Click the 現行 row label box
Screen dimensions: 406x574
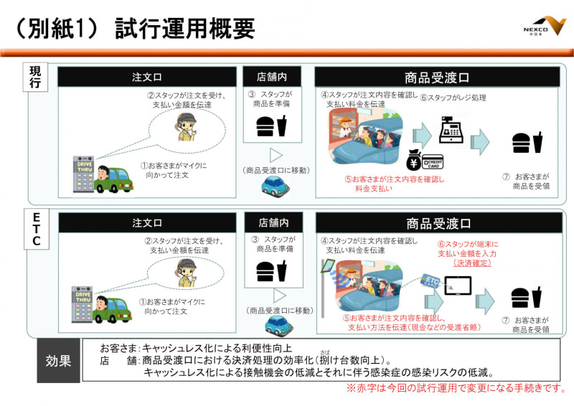coord(36,78)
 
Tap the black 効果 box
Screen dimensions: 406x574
coord(59,360)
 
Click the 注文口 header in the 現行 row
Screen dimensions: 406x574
coord(147,77)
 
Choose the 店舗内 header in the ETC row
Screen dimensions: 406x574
coord(273,222)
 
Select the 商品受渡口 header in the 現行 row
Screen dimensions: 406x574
coord(437,77)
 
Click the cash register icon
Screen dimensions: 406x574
coord(451,131)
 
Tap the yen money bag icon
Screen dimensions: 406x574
coord(415,160)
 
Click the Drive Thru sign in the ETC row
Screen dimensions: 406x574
coord(82,304)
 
